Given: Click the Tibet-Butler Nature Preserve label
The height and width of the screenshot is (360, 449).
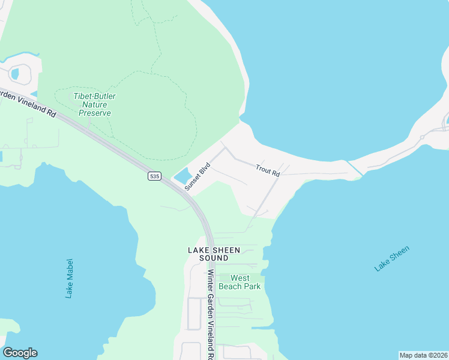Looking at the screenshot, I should coord(94,104).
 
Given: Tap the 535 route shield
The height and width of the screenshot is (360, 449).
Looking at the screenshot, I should coord(155,176).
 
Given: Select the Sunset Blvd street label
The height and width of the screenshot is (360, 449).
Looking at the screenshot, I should coord(197,177).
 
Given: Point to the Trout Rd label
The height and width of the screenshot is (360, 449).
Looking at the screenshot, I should coord(268,170).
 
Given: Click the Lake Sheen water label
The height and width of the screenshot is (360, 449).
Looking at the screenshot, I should coord(392,259).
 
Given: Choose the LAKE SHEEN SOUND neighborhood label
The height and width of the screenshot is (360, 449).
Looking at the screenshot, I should coord(214,254).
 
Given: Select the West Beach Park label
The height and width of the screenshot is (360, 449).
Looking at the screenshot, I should coord(240,282).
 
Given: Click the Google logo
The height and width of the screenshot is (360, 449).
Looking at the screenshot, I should coord(20,353).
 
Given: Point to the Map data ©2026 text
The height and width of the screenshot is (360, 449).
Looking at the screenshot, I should coord(423,355).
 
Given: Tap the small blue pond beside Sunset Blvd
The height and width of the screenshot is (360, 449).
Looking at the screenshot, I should coord(182,176).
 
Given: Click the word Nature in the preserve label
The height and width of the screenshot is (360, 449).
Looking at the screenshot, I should coord(94,104).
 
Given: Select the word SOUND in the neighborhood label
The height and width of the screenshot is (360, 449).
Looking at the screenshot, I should coord(214,258).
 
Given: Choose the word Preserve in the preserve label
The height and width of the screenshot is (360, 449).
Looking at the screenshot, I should coord(94,113).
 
